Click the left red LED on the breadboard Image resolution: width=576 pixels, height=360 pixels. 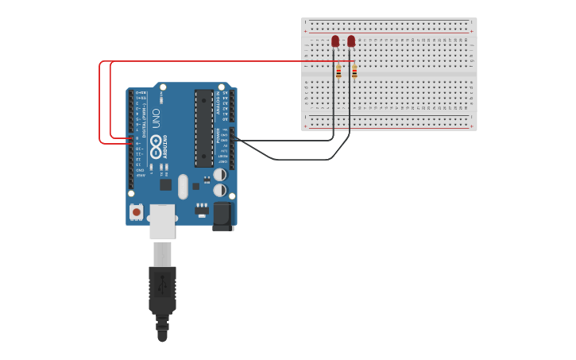click(x=335, y=41)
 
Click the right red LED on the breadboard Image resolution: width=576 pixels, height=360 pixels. click(x=351, y=41)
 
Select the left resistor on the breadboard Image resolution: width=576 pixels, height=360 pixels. click(x=338, y=72)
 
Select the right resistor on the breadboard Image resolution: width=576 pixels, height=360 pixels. click(x=354, y=72)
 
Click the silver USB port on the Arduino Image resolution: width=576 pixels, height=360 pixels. click(x=162, y=222)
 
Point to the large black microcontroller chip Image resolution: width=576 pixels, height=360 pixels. click(x=203, y=128)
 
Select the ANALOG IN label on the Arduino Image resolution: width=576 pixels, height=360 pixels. click(x=225, y=103)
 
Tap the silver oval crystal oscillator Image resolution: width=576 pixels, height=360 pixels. click(x=183, y=186)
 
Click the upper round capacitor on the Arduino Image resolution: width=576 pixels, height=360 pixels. click(x=220, y=174)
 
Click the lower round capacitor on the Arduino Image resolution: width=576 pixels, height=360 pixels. click(x=220, y=190)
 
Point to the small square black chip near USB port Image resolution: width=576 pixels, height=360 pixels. click(x=165, y=184)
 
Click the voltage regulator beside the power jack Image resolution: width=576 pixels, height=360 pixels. click(x=202, y=211)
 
